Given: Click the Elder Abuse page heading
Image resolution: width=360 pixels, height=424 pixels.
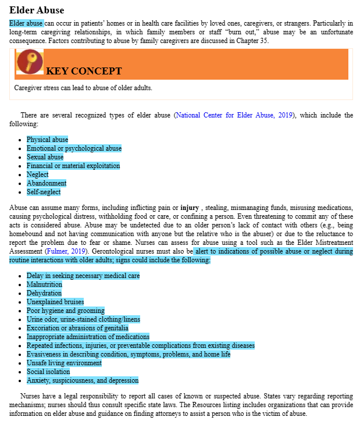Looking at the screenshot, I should point(37,10).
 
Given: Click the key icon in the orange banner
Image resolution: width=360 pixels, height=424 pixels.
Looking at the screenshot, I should point(30,62).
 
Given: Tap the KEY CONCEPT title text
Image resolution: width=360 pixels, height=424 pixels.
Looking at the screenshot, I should point(84,72).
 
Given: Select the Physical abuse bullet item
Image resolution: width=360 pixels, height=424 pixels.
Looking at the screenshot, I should point(47,140).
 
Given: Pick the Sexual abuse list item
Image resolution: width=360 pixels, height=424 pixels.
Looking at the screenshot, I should point(45,157).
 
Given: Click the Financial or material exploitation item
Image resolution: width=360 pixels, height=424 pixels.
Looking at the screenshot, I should point(73,166).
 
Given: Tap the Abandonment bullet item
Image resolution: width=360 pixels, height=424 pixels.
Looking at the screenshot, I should point(47,183).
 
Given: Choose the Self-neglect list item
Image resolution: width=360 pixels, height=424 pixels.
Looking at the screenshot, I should point(43,192).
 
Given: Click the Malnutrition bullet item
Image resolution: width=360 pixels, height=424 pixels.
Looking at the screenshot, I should point(44,284).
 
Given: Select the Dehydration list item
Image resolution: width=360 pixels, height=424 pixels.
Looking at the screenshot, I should point(44,293).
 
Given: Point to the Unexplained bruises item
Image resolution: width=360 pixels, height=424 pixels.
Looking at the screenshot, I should point(55,302).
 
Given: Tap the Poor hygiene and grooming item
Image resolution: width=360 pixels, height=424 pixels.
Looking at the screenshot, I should point(65,311).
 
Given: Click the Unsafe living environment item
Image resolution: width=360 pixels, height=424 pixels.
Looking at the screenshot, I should point(64,363).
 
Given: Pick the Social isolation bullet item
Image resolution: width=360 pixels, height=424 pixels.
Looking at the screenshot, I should point(48,372).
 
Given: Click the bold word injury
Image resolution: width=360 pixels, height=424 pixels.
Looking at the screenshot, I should point(190,208).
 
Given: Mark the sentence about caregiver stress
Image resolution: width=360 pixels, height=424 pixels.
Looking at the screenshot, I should point(83,88).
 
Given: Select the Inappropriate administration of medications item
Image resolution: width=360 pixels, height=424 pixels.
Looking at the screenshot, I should point(88,337).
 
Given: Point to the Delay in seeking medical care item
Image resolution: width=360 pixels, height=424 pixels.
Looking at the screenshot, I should point(83,276).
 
